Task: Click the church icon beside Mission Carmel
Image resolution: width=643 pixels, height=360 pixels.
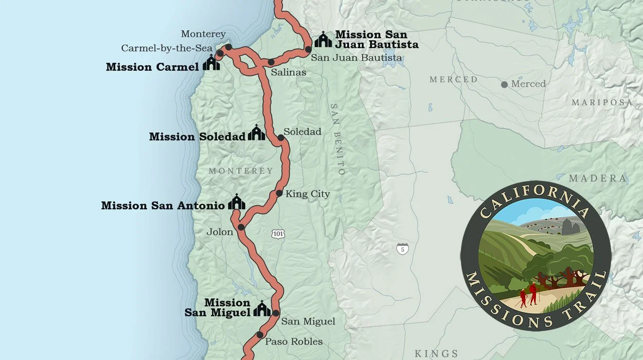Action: [211, 63]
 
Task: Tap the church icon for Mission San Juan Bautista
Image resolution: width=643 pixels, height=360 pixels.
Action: [323, 40]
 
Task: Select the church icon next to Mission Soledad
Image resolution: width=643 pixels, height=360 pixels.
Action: [256, 133]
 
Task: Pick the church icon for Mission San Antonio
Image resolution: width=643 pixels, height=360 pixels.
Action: [237, 202]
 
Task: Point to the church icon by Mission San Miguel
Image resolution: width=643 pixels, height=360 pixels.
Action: [262, 309]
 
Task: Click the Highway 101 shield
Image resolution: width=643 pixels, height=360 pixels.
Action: [278, 234]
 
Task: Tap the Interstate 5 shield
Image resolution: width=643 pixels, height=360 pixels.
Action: [403, 249]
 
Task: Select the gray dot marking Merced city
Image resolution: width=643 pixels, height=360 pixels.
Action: [504, 84]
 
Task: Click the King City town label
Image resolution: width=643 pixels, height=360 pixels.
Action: [308, 194]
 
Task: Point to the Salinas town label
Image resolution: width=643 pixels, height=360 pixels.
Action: [289, 73]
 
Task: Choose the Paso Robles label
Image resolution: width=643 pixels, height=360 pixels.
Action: [294, 341]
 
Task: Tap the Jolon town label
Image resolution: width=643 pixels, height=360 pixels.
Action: [220, 232]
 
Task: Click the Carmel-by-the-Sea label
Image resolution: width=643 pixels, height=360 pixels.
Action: [167, 48]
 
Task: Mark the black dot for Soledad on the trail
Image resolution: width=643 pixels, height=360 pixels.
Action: [281, 138]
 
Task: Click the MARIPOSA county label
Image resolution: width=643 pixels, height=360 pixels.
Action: [602, 103]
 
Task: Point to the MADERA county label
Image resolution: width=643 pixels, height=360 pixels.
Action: [598, 178]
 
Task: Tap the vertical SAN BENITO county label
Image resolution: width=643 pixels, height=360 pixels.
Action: [337, 139]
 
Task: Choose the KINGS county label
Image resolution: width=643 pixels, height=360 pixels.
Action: [436, 353]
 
